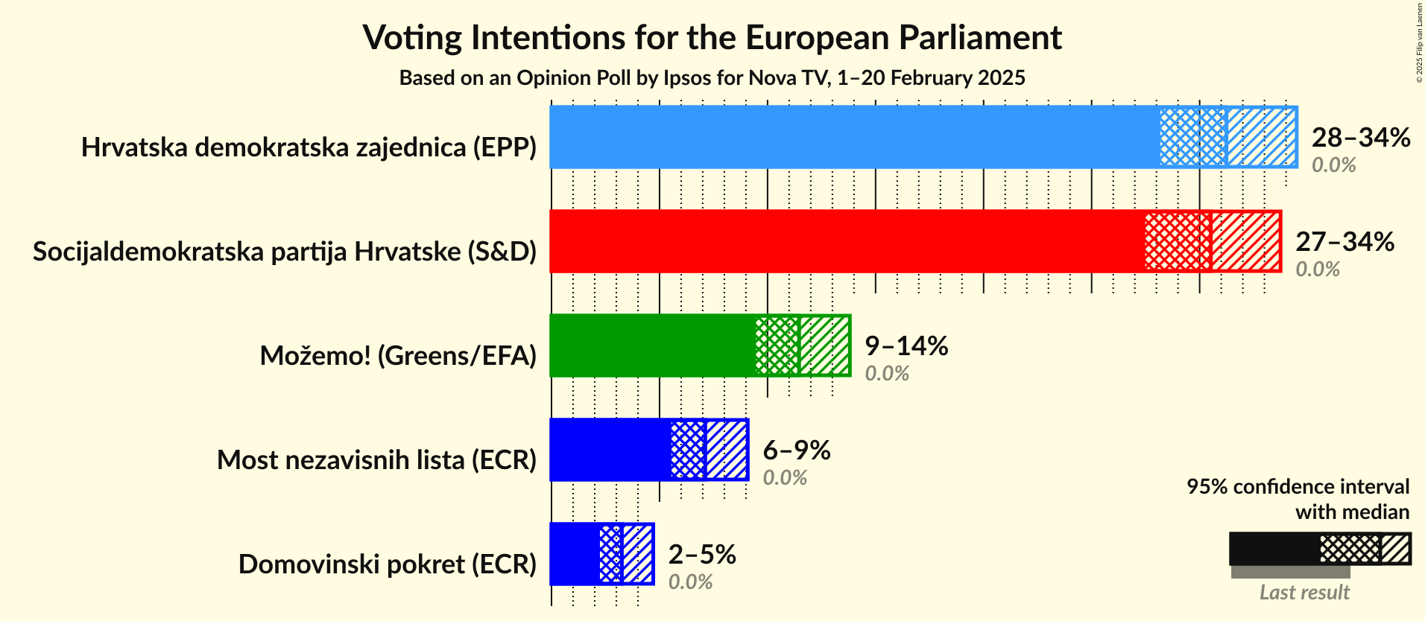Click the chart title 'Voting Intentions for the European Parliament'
[712, 38]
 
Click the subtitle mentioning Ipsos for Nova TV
[712, 78]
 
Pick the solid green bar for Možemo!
[652, 345]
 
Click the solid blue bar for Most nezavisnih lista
[610, 450]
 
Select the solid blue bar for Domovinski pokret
[575, 554]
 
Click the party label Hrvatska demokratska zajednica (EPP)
[309, 147]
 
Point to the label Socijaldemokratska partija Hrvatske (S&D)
[285, 252]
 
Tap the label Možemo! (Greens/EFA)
[398, 356]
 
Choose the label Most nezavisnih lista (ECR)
[376, 460]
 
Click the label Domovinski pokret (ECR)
[388, 564]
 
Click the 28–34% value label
[1360, 138]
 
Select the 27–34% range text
[1344, 242]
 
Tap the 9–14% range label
[906, 346]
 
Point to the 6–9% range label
[796, 450]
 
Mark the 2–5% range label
[701, 555]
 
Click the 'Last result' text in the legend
[1304, 593]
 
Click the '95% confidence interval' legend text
[1298, 487]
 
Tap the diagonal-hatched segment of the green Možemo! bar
[824, 345]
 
